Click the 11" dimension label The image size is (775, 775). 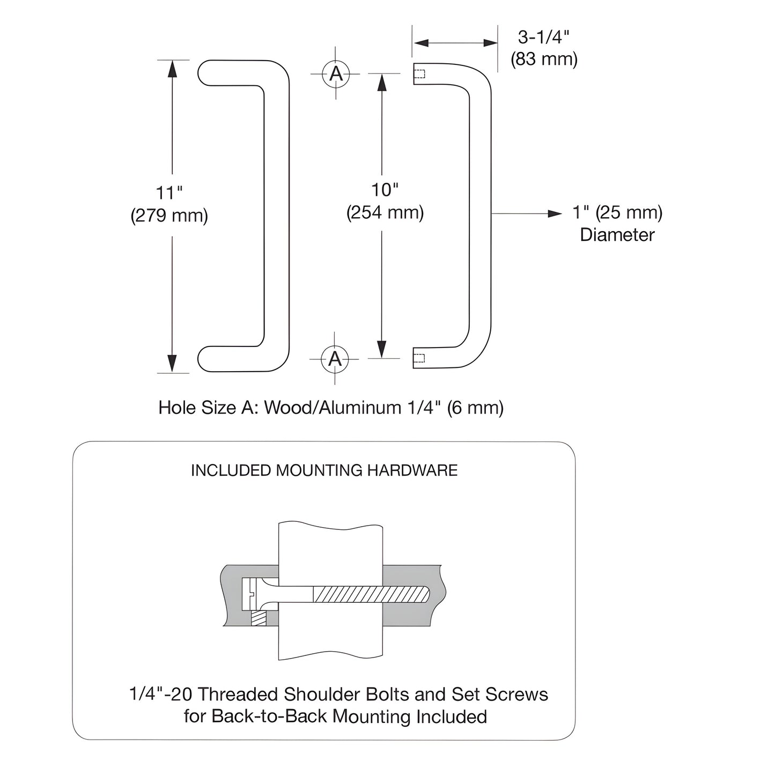point(169,193)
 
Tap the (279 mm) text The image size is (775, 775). point(169,216)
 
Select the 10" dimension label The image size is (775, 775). point(385,189)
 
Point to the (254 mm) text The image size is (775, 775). point(385,212)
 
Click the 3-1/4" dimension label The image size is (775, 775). point(543,37)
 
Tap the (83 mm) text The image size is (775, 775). point(543,58)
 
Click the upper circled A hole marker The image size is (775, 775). point(336,73)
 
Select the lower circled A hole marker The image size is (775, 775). point(335,358)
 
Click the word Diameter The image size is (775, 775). point(617,235)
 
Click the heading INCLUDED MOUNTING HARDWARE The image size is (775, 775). point(324,470)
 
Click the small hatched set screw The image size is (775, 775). point(259,618)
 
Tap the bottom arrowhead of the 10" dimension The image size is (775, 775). point(381,350)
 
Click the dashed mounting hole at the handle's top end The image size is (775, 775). point(420,74)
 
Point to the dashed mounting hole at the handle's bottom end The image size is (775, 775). point(420,358)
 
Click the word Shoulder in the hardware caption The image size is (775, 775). point(320,694)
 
